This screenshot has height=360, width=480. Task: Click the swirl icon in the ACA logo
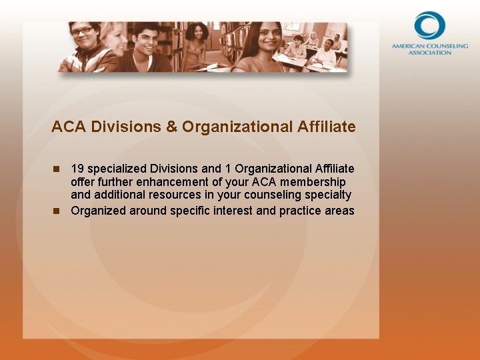[429, 25]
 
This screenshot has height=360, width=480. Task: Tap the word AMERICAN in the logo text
[407, 47]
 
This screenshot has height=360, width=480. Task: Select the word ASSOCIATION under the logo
[429, 53]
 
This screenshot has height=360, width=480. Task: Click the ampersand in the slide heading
[171, 127]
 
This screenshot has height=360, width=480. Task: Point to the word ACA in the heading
[65, 127]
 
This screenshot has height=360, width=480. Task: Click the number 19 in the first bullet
[77, 169]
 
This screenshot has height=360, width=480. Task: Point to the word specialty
[327, 195]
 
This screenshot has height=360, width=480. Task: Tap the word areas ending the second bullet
[339, 211]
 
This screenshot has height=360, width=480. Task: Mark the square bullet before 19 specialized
[57, 169]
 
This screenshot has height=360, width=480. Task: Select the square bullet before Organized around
[57, 211]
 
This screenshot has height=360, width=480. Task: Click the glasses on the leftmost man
[82, 31]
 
